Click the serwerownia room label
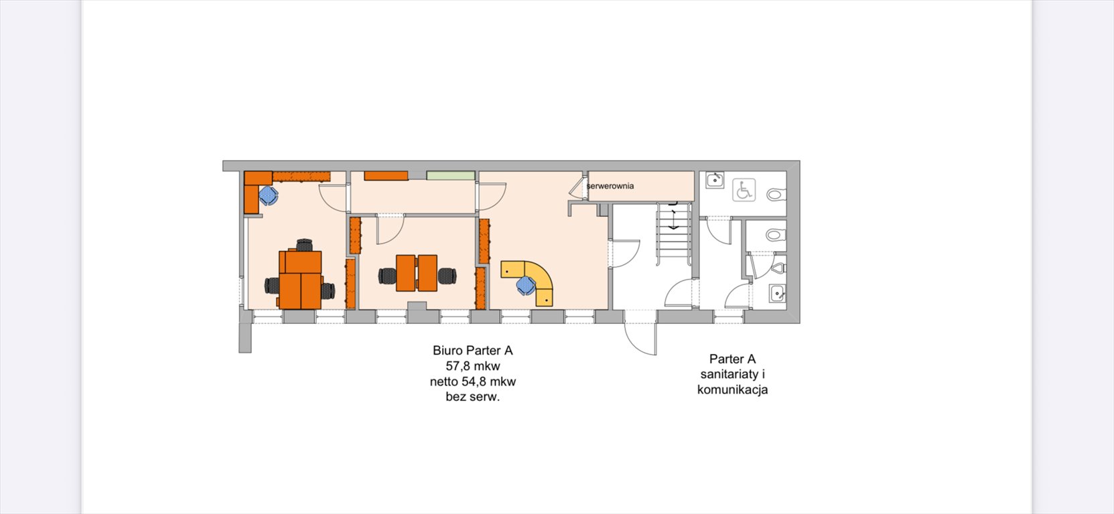click(x=610, y=186)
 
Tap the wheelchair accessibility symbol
click(x=744, y=190)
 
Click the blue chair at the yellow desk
click(x=525, y=286)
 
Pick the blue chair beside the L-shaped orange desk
click(x=269, y=195)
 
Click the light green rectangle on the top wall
click(x=451, y=175)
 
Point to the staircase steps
click(x=674, y=234)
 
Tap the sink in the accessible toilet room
click(x=715, y=180)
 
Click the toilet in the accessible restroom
click(x=776, y=193)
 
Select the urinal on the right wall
click(x=779, y=268)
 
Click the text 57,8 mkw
click(x=472, y=366)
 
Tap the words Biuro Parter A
click(x=472, y=351)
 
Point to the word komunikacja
click(x=733, y=390)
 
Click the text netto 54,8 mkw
click(x=472, y=381)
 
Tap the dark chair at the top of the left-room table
click(x=304, y=245)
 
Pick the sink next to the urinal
click(x=777, y=293)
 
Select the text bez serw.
click(x=472, y=397)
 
